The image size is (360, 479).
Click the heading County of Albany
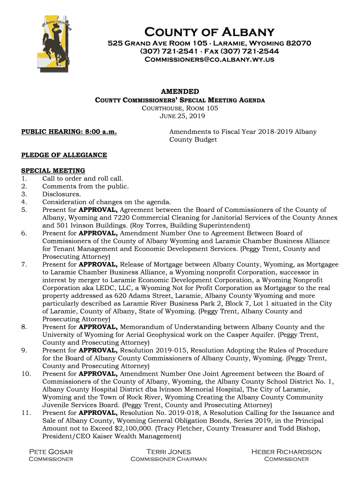coord(209,32)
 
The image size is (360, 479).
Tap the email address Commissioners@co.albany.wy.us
coord(209,60)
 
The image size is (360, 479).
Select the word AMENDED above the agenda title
coord(180,92)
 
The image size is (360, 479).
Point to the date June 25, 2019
coord(180,116)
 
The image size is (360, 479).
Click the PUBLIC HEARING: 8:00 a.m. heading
coord(69,132)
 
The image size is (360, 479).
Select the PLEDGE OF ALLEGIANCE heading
coord(64,155)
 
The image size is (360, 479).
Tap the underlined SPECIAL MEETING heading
coord(53,171)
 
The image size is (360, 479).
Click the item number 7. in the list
coord(24,265)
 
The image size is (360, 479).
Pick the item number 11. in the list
coord(26,413)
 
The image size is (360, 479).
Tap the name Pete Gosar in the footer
coord(51,452)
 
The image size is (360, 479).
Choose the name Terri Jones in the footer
coord(168,452)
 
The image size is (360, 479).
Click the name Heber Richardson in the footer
coord(286,452)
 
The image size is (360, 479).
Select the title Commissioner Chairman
coord(168,459)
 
